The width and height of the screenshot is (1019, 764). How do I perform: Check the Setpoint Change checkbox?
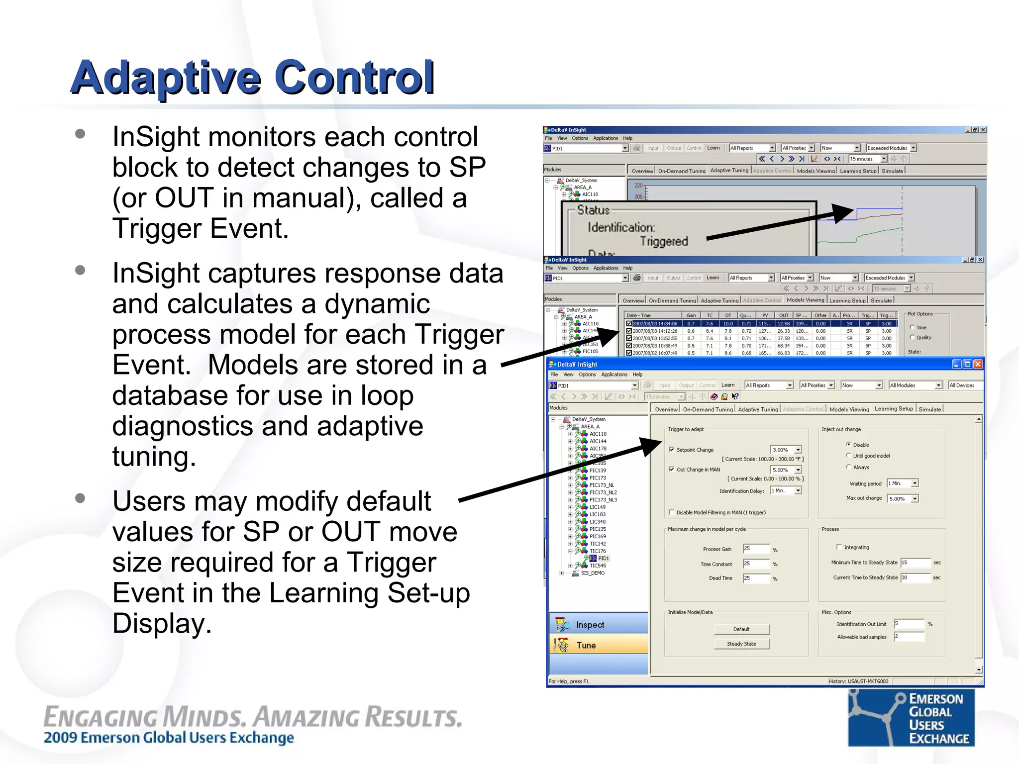pyautogui.click(x=672, y=450)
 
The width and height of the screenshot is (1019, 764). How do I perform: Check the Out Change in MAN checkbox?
pyautogui.click(x=672, y=470)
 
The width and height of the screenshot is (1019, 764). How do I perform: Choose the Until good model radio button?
pyautogui.click(x=849, y=456)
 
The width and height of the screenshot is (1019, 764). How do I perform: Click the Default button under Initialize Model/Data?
pyautogui.click(x=741, y=629)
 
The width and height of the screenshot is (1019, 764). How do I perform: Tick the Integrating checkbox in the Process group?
pyautogui.click(x=839, y=547)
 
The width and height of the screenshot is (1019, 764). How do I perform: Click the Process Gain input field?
pyautogui.click(x=756, y=549)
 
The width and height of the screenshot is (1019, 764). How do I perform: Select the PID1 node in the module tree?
pyautogui.click(x=603, y=558)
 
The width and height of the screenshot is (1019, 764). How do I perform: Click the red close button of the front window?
pyautogui.click(x=978, y=364)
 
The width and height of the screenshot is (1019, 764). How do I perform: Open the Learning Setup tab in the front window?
pyautogui.click(x=894, y=409)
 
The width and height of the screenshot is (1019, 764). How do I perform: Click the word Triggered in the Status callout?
pyautogui.click(x=664, y=242)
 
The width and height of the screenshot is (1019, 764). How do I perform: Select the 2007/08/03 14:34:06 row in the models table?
pyautogui.click(x=655, y=323)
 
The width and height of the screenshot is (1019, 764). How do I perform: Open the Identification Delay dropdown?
pyautogui.click(x=798, y=491)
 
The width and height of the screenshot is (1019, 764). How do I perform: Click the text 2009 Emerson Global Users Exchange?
pyautogui.click(x=169, y=738)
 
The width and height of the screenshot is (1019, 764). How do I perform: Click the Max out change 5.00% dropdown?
pyautogui.click(x=915, y=499)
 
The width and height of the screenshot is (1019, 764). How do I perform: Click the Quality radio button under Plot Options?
pyautogui.click(x=912, y=337)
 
